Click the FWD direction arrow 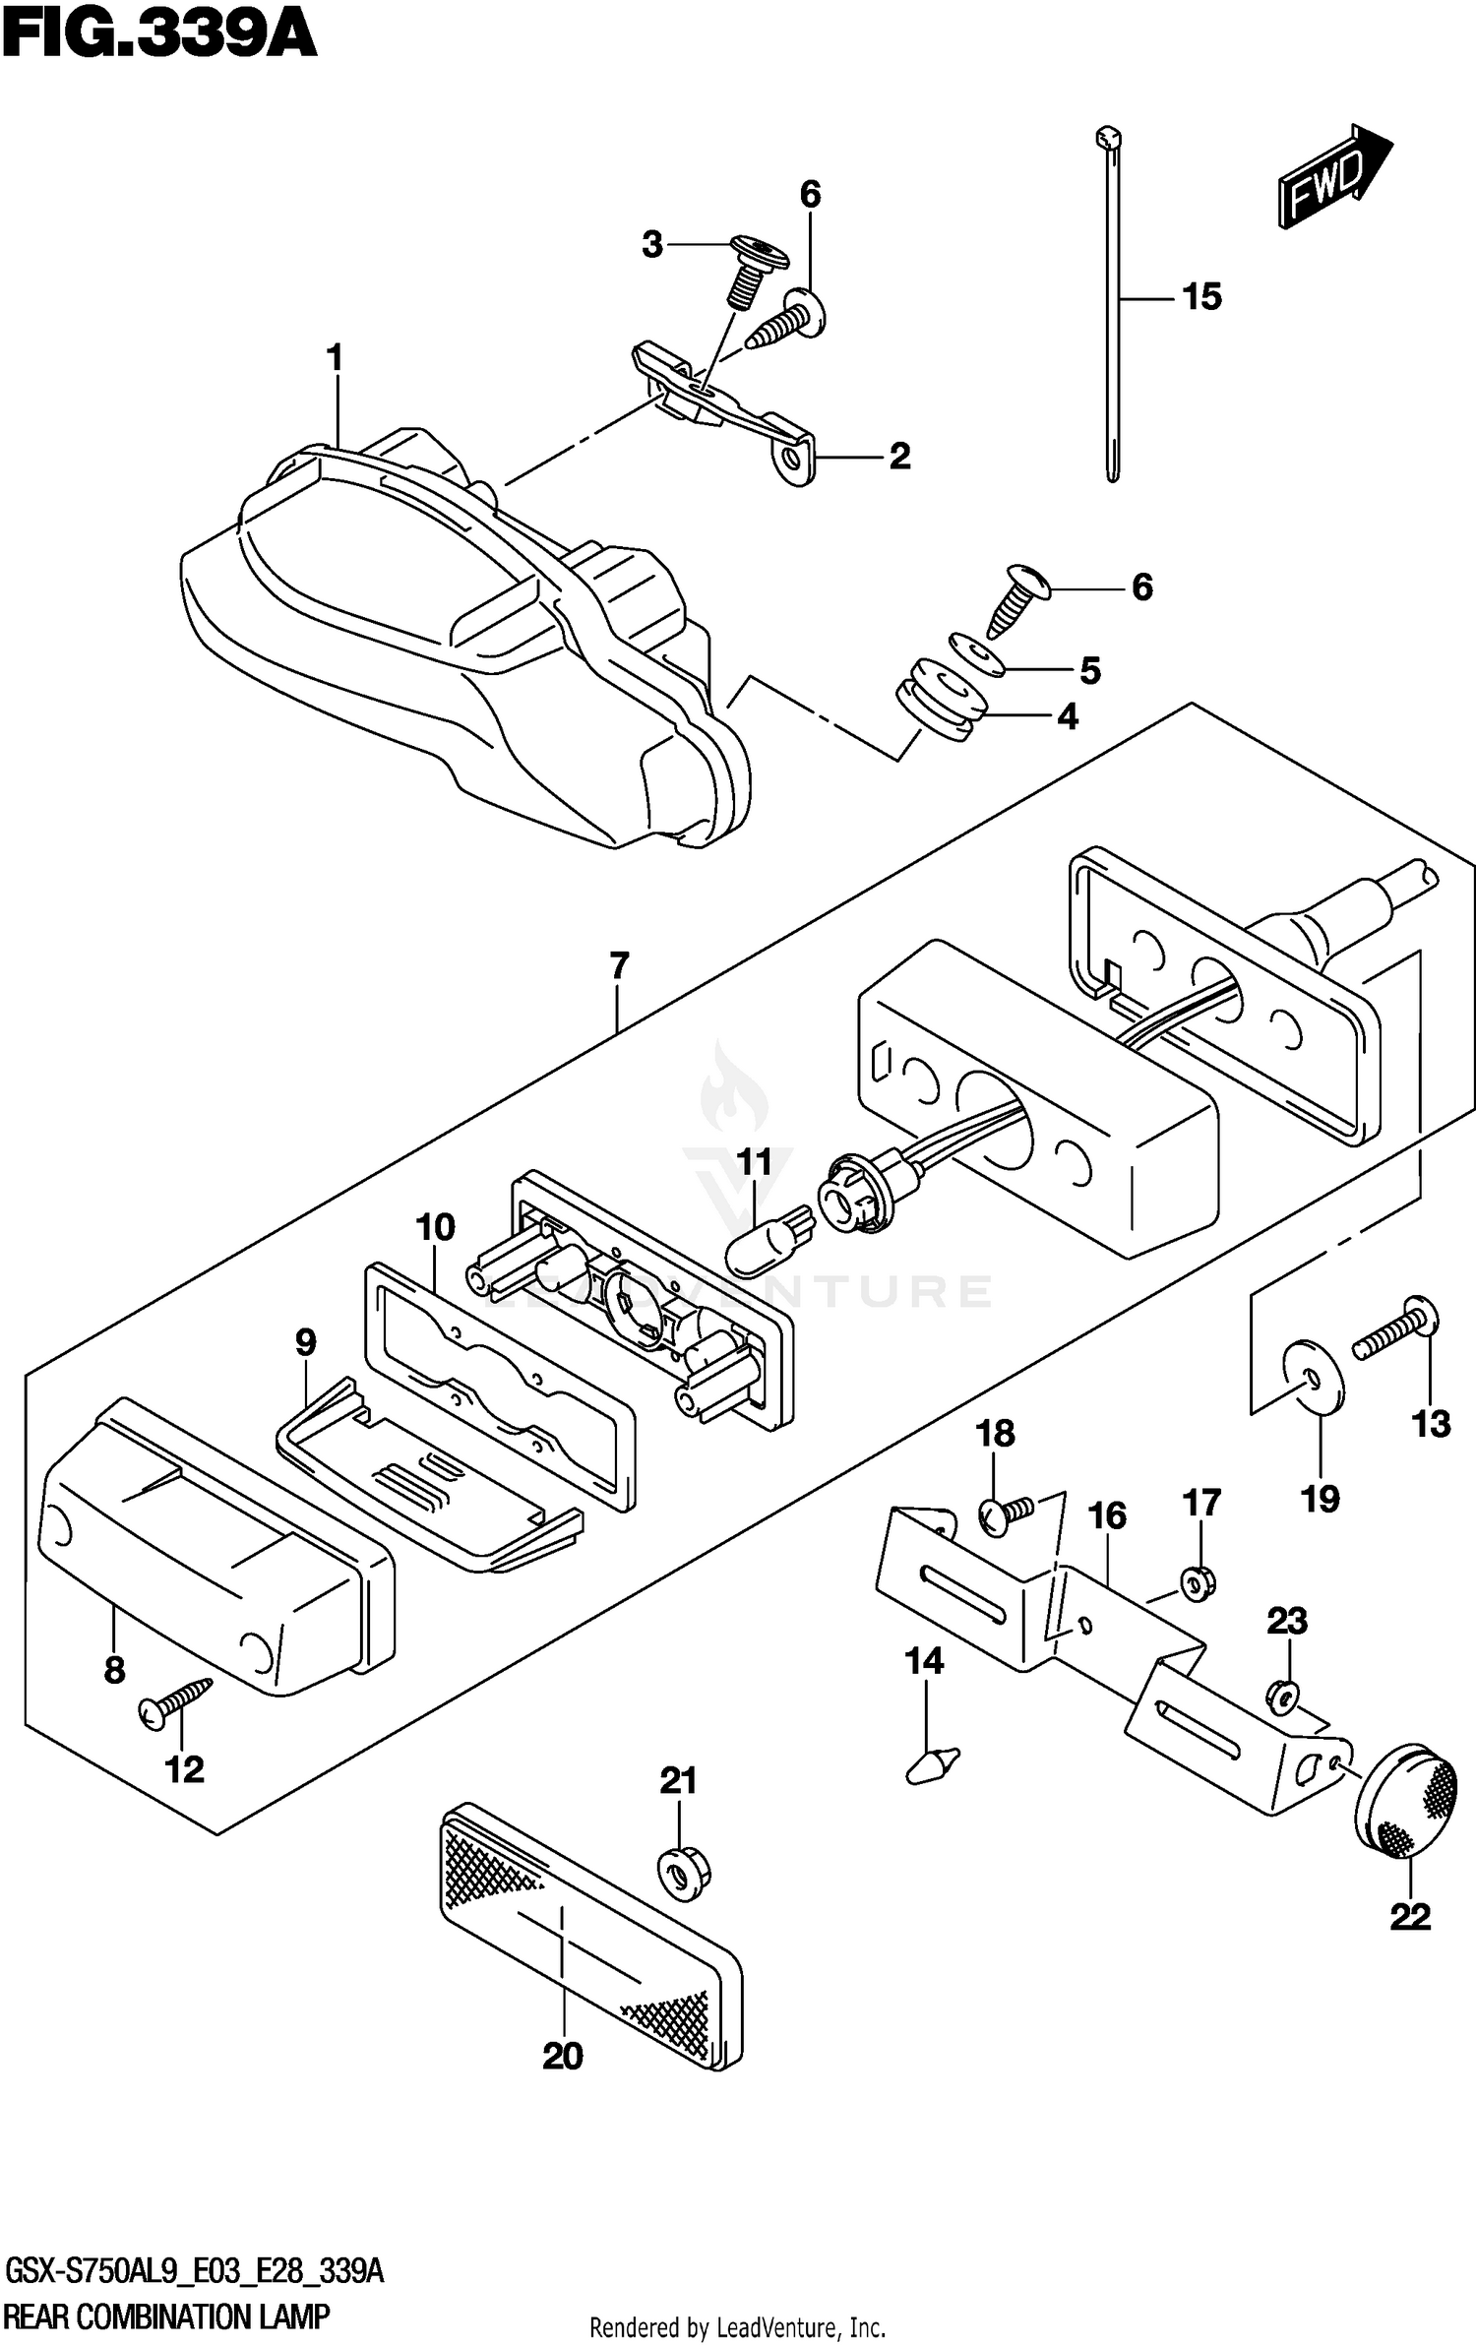1333,178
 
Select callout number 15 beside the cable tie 1201,296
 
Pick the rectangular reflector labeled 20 590,1936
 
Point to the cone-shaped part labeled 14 931,1762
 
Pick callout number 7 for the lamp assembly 619,966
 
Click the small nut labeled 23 1282,1695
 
